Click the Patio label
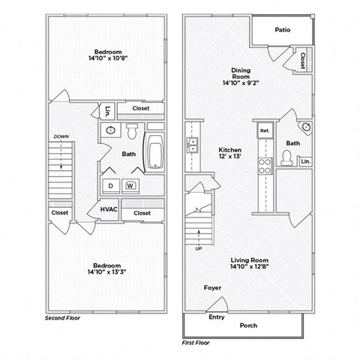tap(282, 31)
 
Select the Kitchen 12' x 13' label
tap(229, 153)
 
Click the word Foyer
tap(212, 288)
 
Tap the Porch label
tap(248, 325)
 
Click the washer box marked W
tap(130, 185)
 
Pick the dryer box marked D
tap(110, 185)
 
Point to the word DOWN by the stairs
tap(61, 136)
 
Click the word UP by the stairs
tap(199, 248)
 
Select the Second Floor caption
tap(63, 318)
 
